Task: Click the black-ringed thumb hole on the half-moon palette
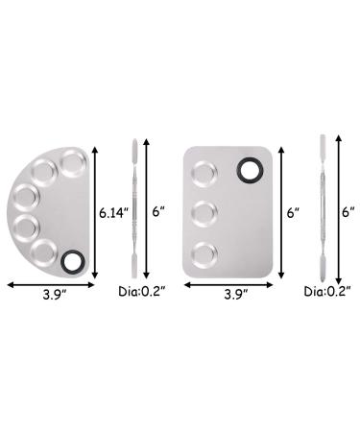click(72, 259)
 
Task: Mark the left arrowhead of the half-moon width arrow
click(9, 283)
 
